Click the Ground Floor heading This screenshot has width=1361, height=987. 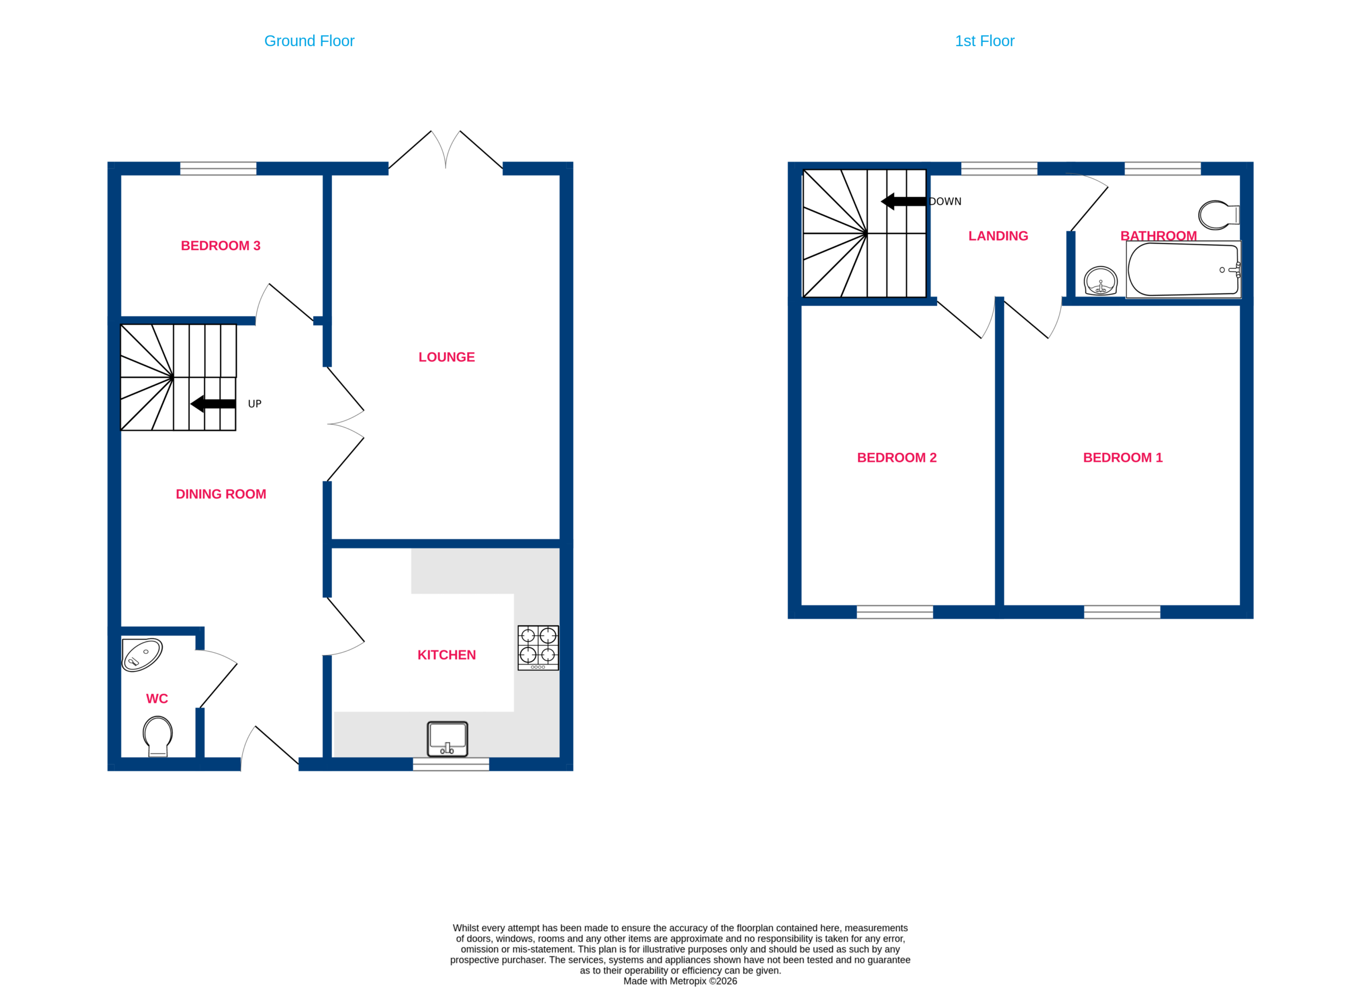(309, 41)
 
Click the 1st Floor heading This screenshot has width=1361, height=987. (985, 41)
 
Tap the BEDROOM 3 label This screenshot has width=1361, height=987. (221, 246)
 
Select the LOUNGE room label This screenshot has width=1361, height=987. (447, 357)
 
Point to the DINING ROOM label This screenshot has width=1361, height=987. (221, 494)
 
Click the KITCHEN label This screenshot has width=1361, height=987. (447, 655)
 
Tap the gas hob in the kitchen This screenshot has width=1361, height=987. (538, 647)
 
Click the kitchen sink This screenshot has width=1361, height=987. (447, 739)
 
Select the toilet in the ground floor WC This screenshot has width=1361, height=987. (158, 736)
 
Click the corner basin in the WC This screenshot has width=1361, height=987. (141, 655)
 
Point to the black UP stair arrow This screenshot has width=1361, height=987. (213, 404)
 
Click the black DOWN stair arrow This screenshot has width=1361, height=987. (904, 201)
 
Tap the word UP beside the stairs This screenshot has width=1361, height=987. (255, 404)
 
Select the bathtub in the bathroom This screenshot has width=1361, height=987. (1183, 269)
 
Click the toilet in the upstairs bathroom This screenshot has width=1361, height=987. (1219, 215)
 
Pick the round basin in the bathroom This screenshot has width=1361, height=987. (1100, 281)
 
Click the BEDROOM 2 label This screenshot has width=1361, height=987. (896, 457)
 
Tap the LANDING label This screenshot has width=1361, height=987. (998, 236)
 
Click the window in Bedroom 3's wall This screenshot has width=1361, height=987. (219, 168)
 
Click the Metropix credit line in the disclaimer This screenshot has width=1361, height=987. (680, 981)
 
